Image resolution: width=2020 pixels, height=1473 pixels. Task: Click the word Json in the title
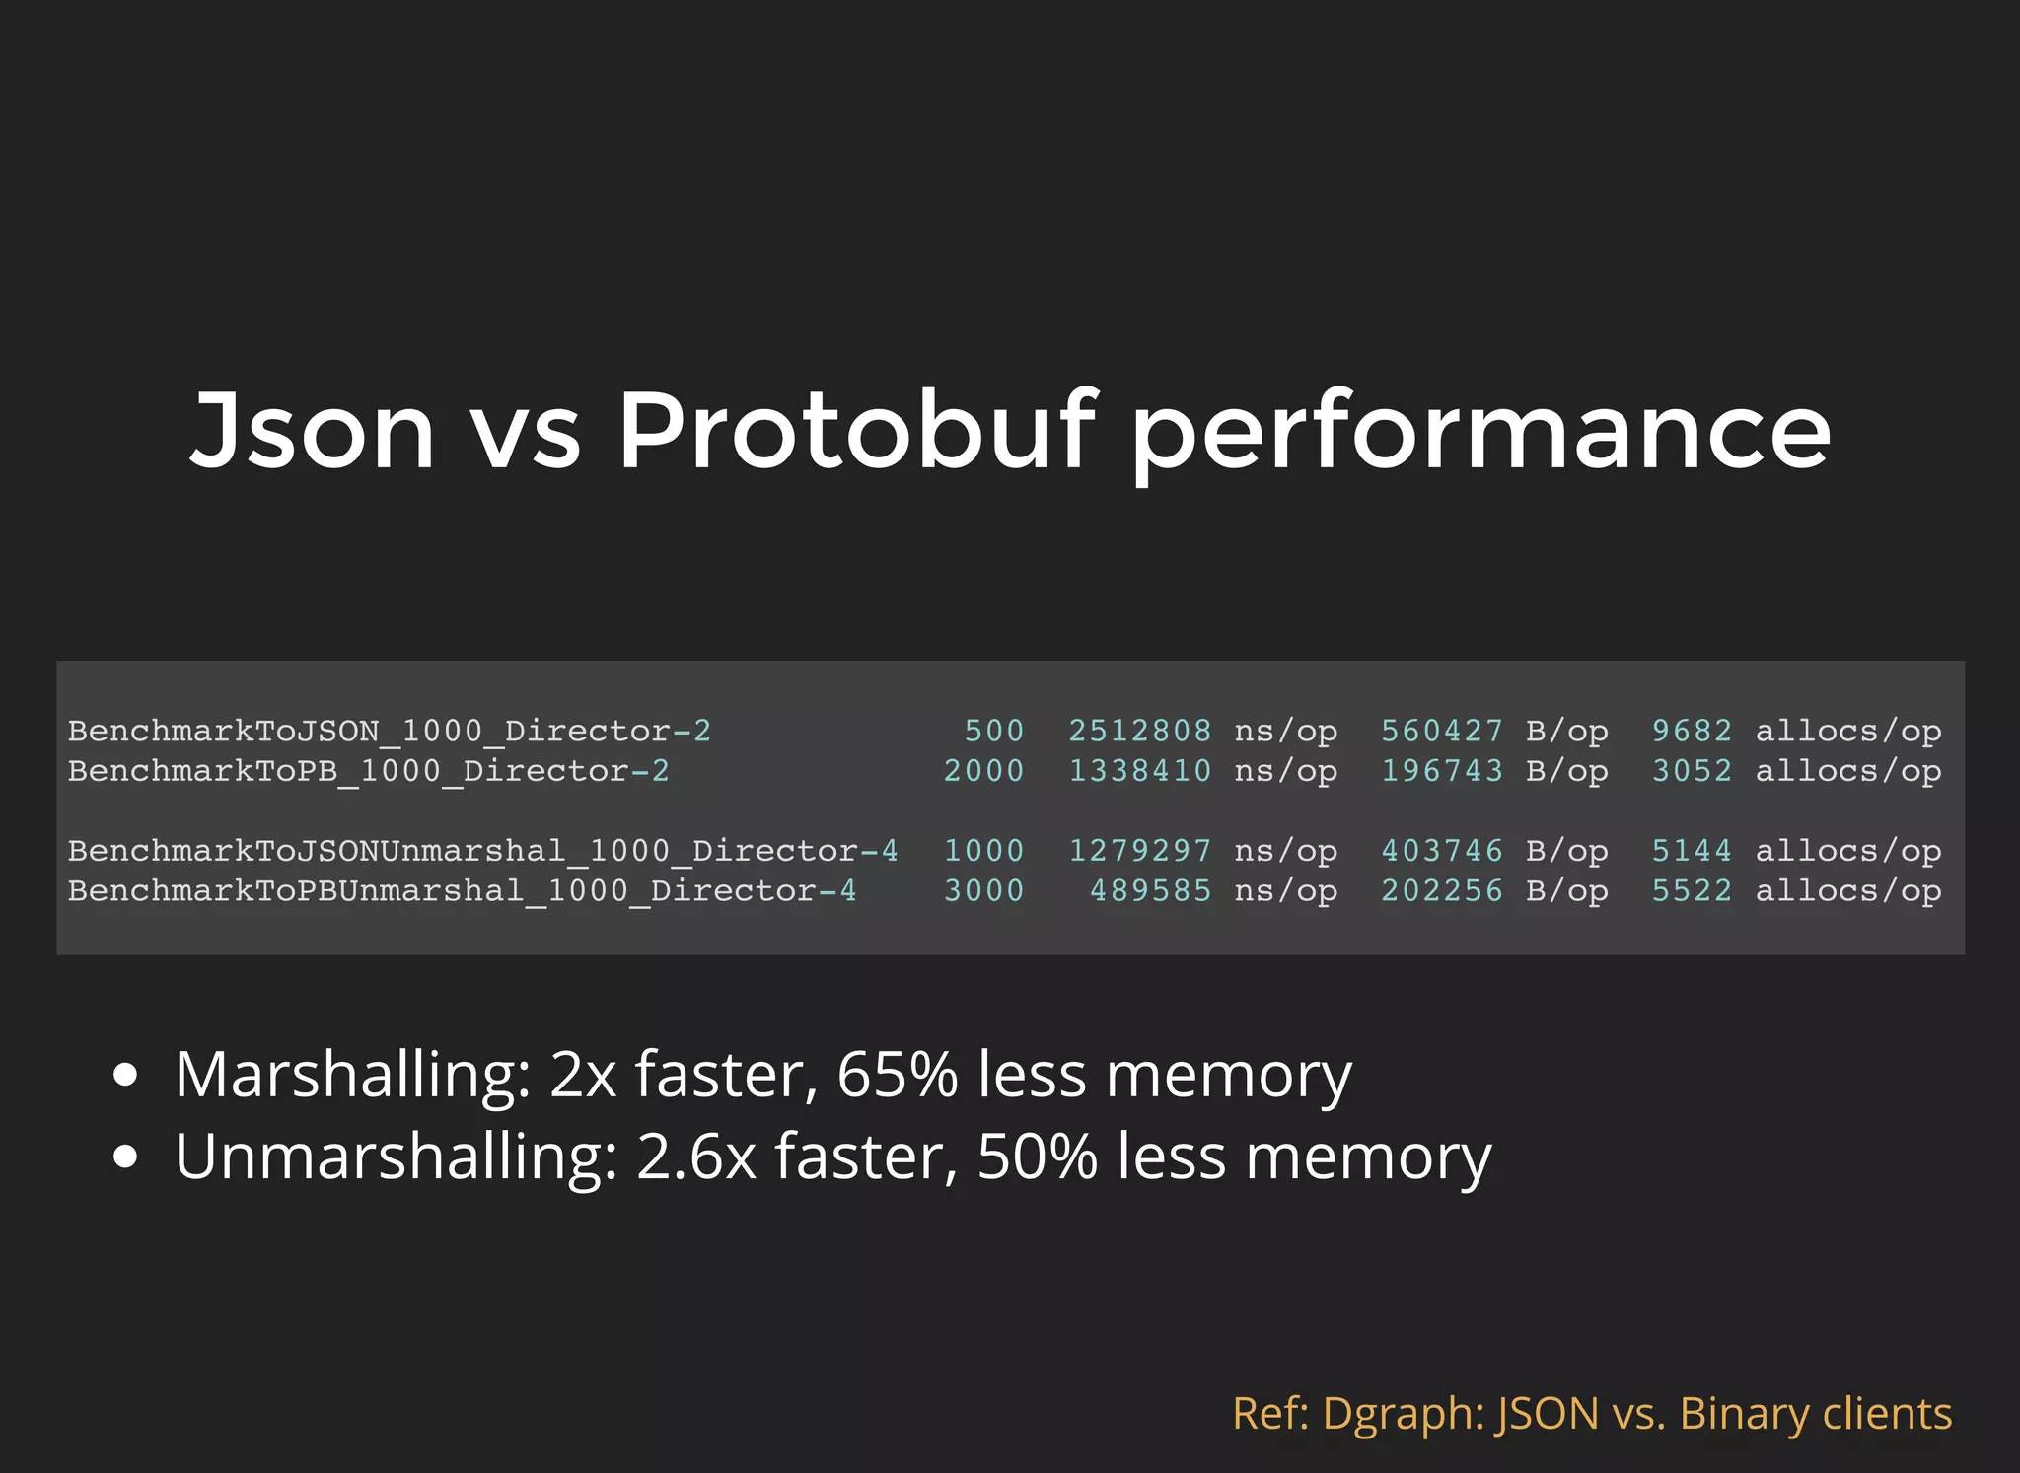(312, 430)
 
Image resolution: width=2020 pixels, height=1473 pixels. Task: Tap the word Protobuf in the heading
(856, 430)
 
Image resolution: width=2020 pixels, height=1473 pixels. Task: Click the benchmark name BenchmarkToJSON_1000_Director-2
(389, 732)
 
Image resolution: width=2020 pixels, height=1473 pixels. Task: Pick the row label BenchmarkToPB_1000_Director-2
(368, 771)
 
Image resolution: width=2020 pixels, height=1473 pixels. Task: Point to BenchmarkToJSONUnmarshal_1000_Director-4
(482, 851)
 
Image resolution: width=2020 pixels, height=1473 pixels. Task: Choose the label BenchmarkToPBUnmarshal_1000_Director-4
(462, 891)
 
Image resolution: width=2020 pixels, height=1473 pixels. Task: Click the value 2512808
(1139, 732)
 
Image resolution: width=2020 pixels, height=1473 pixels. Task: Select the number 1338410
(1139, 771)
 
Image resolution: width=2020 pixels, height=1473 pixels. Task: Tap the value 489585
(1150, 891)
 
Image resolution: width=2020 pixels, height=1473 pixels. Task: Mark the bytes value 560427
(1441, 732)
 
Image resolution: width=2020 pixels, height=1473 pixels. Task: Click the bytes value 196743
(1441, 771)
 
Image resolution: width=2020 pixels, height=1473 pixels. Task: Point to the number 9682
(1692, 732)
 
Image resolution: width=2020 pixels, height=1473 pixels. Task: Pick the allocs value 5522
(1692, 891)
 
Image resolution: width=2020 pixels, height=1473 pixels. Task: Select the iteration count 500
(993, 732)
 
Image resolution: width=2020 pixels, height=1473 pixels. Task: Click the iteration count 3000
(983, 891)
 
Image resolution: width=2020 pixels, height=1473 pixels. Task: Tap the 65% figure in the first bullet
(897, 1075)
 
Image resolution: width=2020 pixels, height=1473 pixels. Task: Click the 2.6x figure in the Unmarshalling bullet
(695, 1157)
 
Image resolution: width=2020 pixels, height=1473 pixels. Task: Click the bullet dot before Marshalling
(125, 1076)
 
